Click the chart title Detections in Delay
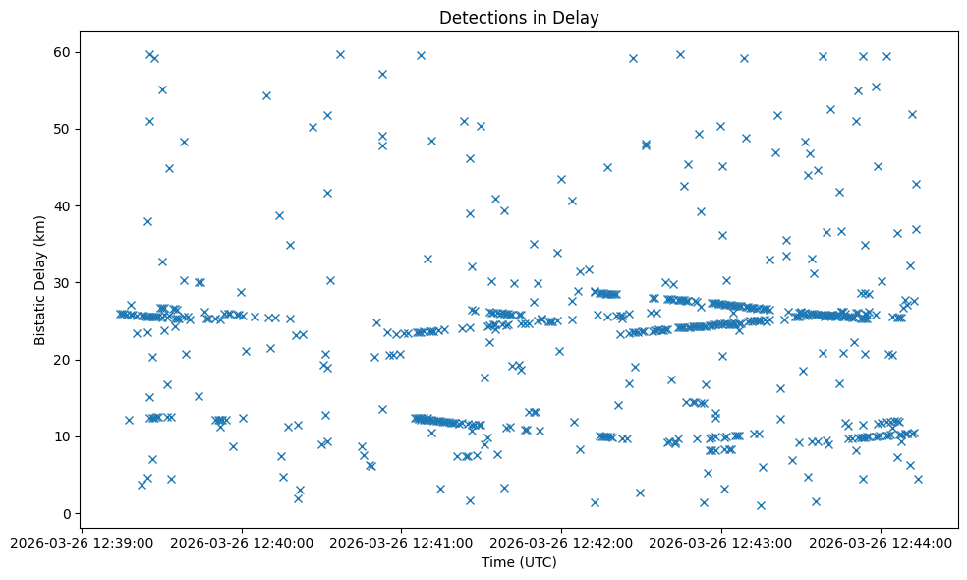tap(519, 18)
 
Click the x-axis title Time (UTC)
tap(519, 562)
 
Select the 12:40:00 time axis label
tap(242, 542)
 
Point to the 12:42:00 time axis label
tap(561, 542)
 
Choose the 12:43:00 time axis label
tap(721, 542)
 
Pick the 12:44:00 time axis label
tap(881, 542)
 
